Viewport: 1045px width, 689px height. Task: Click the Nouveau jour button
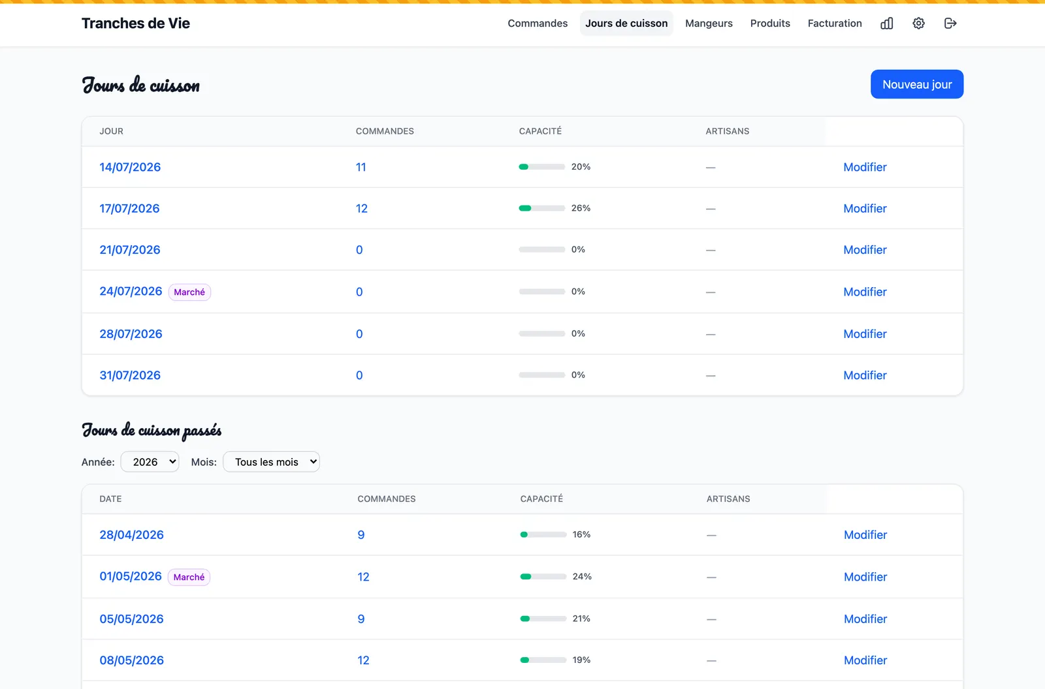click(917, 84)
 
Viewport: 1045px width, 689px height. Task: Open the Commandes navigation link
click(538, 23)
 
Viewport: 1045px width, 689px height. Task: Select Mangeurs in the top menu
click(709, 23)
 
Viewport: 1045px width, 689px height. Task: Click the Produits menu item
click(770, 23)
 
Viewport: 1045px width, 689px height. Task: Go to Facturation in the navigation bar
click(835, 23)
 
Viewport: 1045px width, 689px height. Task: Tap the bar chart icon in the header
click(887, 23)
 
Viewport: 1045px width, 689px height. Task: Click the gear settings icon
click(918, 23)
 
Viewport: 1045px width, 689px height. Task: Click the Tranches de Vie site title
click(136, 23)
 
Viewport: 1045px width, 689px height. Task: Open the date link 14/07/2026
click(130, 167)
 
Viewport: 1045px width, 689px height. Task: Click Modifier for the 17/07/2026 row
click(865, 208)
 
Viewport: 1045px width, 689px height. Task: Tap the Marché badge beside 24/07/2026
click(189, 292)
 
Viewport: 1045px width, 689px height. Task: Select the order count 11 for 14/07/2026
click(361, 167)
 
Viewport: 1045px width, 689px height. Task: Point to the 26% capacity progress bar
click(541, 208)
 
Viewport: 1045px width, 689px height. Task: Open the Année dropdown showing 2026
click(150, 461)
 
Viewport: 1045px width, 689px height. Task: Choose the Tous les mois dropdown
click(272, 461)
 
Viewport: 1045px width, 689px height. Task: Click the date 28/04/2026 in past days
click(131, 535)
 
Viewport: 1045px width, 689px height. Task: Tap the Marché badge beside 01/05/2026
click(189, 577)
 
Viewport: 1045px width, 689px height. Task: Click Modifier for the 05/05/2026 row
click(865, 619)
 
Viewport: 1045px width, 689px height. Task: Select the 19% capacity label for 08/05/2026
click(581, 660)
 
